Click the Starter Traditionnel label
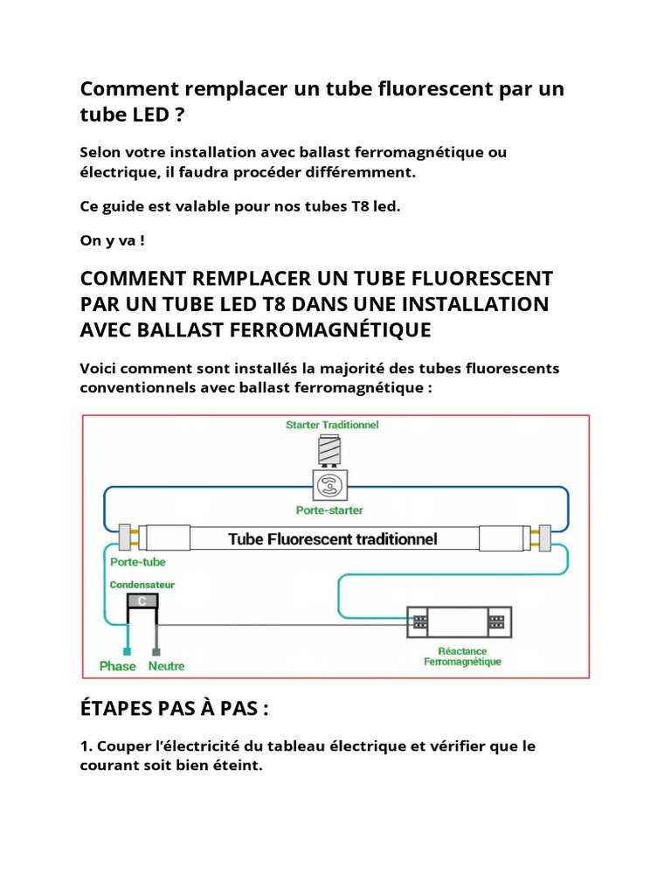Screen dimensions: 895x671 (332, 425)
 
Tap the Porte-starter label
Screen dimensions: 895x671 (329, 510)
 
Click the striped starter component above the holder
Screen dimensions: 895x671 (330, 450)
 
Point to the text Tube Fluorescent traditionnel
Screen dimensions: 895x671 (333, 538)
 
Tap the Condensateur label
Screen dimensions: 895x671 (142, 584)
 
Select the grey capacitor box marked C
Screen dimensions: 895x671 (142, 600)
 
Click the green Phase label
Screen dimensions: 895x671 (118, 666)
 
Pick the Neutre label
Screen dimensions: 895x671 (167, 666)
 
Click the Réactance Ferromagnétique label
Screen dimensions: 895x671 (462, 656)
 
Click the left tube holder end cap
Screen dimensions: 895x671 (124, 538)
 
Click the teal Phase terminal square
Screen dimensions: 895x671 (128, 651)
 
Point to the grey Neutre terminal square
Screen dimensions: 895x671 (156, 651)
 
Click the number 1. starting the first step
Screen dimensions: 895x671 (86, 747)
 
